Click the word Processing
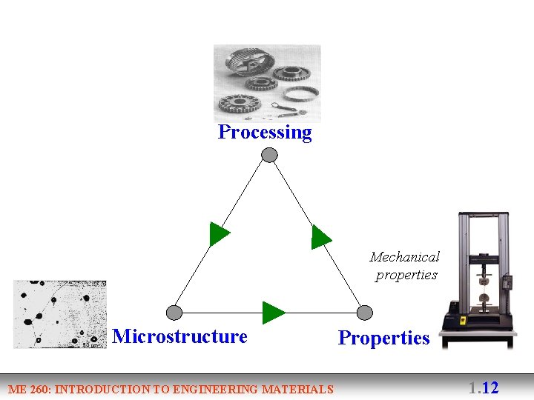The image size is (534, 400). pyautogui.click(x=265, y=133)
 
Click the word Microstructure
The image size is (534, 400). pyautogui.click(x=180, y=336)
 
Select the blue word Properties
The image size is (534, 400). pyautogui.click(x=383, y=338)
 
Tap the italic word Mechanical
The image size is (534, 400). pyautogui.click(x=404, y=257)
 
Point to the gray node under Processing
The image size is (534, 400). pyautogui.click(x=270, y=155)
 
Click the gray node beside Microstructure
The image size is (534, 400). pyautogui.click(x=174, y=312)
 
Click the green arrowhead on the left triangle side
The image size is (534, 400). pyautogui.click(x=218, y=234)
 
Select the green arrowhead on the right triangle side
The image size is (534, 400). pyautogui.click(x=320, y=236)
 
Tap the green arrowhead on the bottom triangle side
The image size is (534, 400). pyautogui.click(x=273, y=313)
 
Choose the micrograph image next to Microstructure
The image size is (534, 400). pyautogui.click(x=59, y=314)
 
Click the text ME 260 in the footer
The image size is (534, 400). pyautogui.click(x=29, y=389)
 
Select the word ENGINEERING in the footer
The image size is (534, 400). pyautogui.click(x=220, y=389)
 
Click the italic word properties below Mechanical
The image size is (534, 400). pyautogui.click(x=406, y=275)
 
